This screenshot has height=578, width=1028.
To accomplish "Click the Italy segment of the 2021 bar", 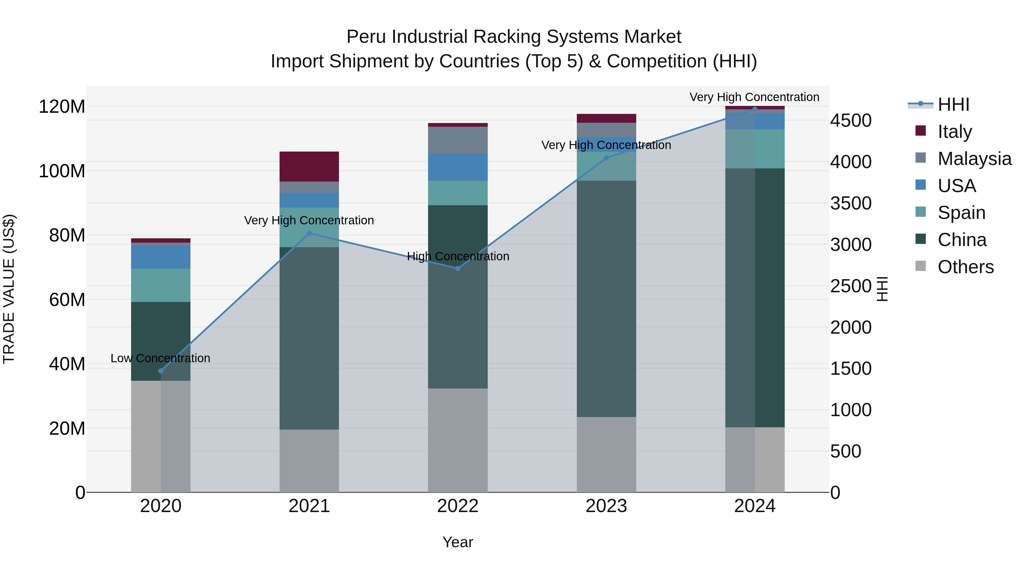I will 309,166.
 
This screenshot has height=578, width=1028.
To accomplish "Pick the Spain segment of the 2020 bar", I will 160,285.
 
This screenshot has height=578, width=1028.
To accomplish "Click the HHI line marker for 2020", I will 161,371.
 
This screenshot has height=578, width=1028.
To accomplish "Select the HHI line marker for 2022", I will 458,269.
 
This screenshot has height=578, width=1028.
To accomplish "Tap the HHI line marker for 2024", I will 755,109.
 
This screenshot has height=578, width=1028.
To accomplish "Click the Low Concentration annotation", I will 160,358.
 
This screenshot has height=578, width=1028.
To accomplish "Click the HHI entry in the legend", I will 953,104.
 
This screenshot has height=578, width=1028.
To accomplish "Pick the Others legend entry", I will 965,267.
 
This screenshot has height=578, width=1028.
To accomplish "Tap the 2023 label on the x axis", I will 606,506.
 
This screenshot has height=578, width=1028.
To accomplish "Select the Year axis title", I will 458,542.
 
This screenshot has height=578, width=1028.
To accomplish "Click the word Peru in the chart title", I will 366,37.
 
